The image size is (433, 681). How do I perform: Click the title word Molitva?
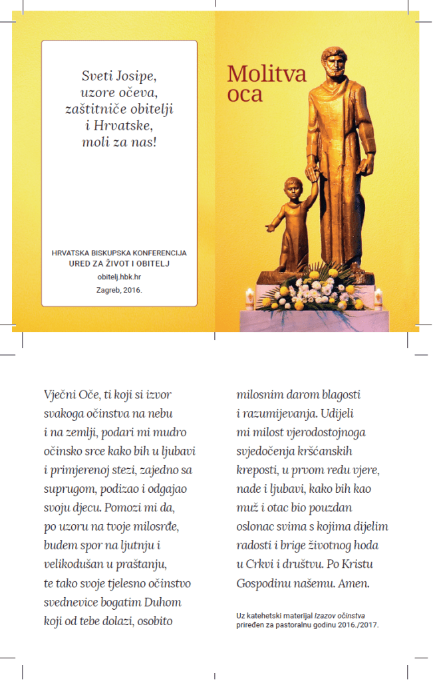[x=267, y=74]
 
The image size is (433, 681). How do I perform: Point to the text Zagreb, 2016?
[x=119, y=290]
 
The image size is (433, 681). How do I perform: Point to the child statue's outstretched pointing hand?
[x=269, y=228]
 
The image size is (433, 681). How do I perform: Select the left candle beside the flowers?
[x=250, y=297]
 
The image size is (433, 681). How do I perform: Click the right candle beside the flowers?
[x=378, y=297]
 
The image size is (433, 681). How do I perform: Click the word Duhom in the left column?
[x=163, y=603]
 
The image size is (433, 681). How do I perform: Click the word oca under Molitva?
[x=245, y=94]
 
